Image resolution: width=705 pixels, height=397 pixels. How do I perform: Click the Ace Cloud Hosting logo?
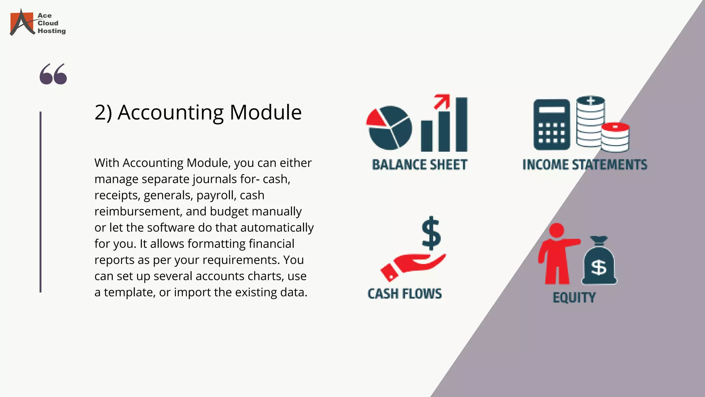37,22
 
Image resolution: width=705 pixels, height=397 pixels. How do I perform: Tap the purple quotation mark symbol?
53,74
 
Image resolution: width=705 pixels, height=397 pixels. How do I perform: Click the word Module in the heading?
265,112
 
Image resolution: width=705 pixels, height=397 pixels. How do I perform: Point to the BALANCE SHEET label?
420,165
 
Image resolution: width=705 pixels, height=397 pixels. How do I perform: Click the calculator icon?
551,125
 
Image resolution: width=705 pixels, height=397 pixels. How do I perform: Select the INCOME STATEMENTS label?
585,165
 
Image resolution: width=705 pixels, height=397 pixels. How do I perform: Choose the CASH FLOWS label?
404,294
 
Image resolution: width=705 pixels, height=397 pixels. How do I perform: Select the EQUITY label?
574,297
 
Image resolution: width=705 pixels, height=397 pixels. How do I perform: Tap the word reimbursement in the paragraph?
138,212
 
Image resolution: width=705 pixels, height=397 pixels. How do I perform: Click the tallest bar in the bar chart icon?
461,124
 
